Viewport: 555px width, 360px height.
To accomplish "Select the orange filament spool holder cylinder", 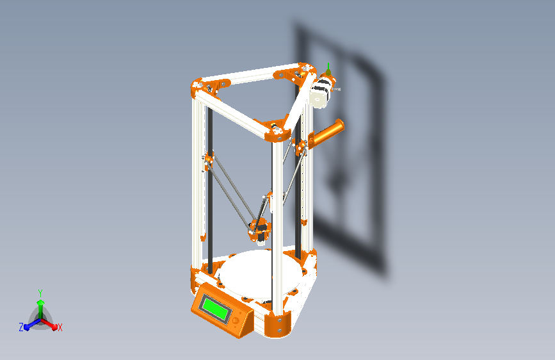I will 326,131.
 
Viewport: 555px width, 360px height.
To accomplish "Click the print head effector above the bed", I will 259,229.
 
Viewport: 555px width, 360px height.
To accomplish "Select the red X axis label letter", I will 60,327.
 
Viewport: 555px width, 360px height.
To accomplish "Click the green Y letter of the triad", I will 40,291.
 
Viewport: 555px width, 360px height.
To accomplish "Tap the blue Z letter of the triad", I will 21,327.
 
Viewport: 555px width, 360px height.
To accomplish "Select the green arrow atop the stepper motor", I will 329,68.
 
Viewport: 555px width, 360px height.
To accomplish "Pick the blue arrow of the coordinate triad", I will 29,326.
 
